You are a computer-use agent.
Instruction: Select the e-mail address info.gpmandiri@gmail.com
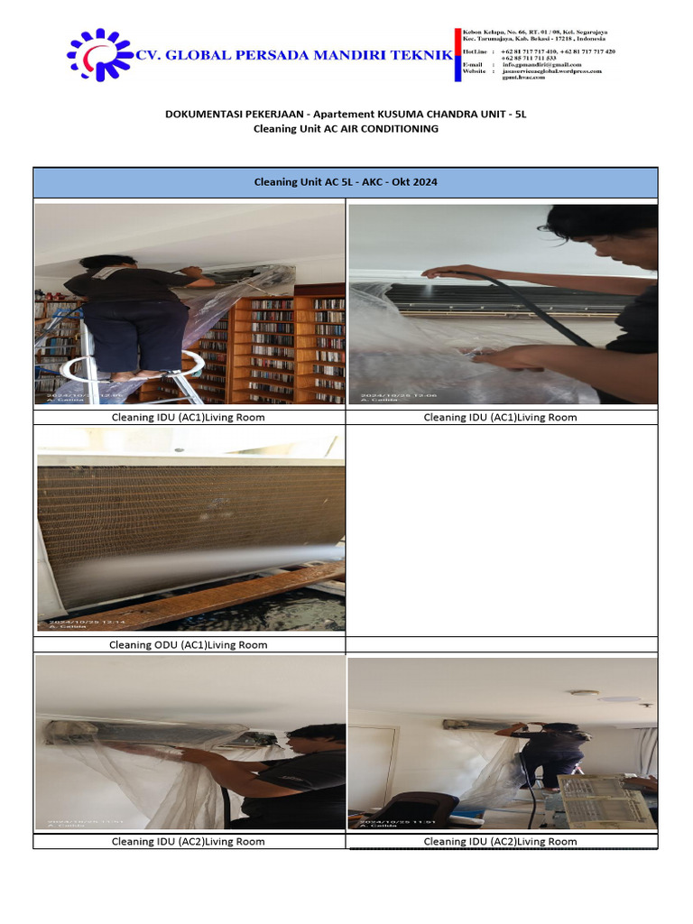pos(541,65)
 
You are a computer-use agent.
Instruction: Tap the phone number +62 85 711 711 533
pos(529,58)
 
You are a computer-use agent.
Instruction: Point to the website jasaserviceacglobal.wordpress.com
pos(551,71)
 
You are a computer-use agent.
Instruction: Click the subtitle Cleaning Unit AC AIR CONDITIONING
pos(346,129)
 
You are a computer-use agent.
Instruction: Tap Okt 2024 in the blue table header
pos(417,182)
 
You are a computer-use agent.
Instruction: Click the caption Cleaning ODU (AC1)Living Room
pos(188,645)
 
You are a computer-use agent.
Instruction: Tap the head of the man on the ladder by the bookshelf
pos(107,263)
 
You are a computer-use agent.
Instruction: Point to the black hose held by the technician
pos(523,298)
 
